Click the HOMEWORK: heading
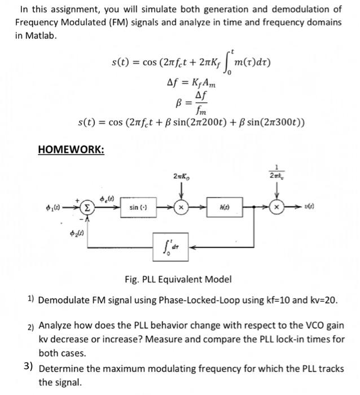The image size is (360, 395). tap(71, 150)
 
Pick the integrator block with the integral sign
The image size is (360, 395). tap(172, 246)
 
